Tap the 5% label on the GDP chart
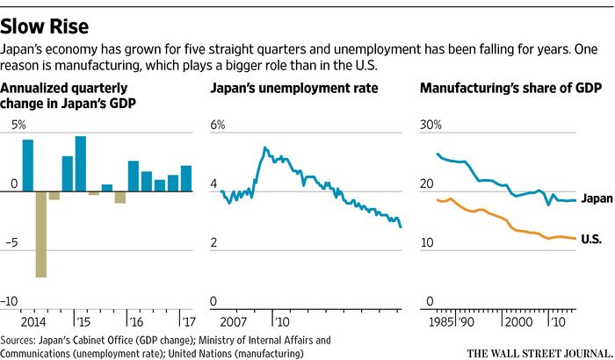[x=18, y=125]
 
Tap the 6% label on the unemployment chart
[x=218, y=125]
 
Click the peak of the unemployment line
[x=265, y=148]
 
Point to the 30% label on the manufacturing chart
[x=431, y=125]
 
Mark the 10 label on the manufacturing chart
[x=428, y=243]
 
